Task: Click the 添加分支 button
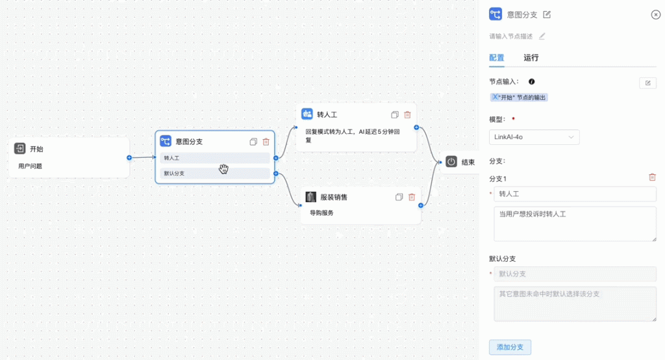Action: tap(510, 347)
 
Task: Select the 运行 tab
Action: tap(531, 58)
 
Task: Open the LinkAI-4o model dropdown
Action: tap(534, 137)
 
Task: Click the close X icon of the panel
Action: tap(656, 15)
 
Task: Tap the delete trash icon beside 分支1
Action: tap(652, 177)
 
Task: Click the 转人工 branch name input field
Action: tap(575, 194)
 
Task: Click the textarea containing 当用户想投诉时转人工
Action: tap(575, 224)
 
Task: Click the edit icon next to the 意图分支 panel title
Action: tap(547, 14)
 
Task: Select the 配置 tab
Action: tap(497, 58)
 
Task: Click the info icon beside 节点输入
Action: tap(531, 81)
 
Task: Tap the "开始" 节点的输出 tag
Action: tap(519, 97)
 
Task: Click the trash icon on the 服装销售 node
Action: tap(411, 197)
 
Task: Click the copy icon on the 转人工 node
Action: tap(395, 114)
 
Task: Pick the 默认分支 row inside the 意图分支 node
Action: tap(214, 174)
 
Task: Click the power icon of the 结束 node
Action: tap(451, 162)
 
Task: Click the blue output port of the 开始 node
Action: tap(129, 157)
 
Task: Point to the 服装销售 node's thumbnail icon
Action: tap(311, 197)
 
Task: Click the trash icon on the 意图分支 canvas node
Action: tap(266, 142)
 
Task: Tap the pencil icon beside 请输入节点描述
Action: tap(542, 36)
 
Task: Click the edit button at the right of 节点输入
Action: tap(647, 83)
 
